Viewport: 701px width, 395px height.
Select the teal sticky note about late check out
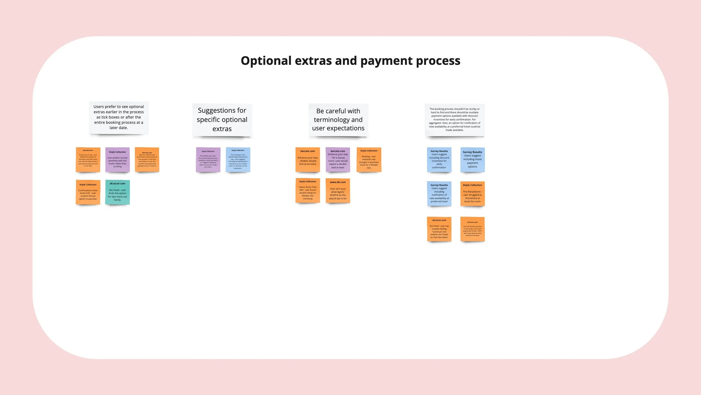(117, 192)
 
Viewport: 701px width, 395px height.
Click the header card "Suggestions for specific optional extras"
(222, 120)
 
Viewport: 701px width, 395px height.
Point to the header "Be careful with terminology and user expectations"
(338, 120)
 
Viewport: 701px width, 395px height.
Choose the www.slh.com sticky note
(338, 191)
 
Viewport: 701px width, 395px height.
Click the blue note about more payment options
(472, 159)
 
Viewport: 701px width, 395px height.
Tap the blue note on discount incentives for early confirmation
(439, 159)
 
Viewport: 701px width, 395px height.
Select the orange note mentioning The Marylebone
(472, 193)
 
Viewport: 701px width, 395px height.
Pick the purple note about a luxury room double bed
(338, 159)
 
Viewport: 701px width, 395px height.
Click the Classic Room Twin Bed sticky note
(308, 190)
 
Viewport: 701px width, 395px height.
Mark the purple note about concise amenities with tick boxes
(117, 159)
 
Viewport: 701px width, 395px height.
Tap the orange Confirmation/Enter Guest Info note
(88, 192)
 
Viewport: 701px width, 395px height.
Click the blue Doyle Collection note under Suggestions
(238, 159)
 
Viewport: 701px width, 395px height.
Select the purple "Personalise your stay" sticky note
(208, 159)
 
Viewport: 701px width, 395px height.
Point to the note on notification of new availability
(439, 193)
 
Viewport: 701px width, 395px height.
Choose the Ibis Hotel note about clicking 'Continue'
(439, 229)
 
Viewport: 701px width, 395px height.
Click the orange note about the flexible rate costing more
(369, 159)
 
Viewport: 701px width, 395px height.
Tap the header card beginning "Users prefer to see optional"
(119, 117)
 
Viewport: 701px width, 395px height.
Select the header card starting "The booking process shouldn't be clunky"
(455, 120)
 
